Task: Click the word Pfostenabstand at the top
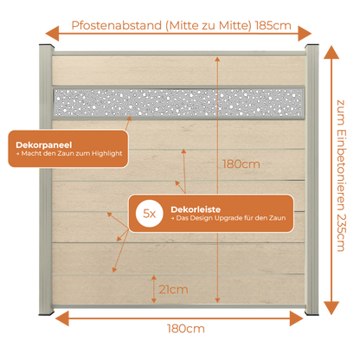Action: pyautogui.click(x=117, y=26)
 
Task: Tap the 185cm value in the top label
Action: pyautogui.click(x=273, y=26)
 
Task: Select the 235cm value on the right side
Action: pyautogui.click(x=341, y=233)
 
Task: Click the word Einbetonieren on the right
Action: pyautogui.click(x=341, y=170)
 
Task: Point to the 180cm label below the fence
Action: pyautogui.click(x=186, y=329)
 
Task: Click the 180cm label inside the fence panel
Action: pyautogui.click(x=241, y=164)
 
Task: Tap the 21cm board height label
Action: pyautogui.click(x=173, y=289)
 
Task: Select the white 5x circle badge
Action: pyautogui.click(x=150, y=214)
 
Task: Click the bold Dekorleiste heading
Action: pyautogui.click(x=196, y=209)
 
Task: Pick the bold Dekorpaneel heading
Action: pyautogui.click(x=44, y=145)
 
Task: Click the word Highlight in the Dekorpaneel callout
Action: pyautogui.click(x=107, y=153)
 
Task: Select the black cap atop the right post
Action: pyautogui.click(x=312, y=47)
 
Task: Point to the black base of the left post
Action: pyautogui.click(x=47, y=312)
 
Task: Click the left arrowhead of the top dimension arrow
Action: pyautogui.click(x=52, y=34)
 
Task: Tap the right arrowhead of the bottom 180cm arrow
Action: pyautogui.click(x=297, y=318)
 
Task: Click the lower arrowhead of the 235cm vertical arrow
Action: pyautogui.click(x=331, y=308)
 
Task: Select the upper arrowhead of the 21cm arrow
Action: pyautogui.click(x=154, y=278)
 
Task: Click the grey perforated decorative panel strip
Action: pyautogui.click(x=178, y=103)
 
